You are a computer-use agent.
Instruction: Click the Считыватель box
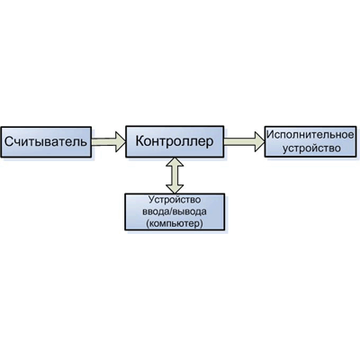[x=46, y=142]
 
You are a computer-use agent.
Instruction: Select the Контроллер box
[x=175, y=141]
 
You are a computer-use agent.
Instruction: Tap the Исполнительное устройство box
[x=310, y=141]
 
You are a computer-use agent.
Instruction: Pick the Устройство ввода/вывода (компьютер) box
[x=175, y=212]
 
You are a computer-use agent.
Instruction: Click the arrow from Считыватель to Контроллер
[x=108, y=141]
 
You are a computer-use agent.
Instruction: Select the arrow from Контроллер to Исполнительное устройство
[x=244, y=141]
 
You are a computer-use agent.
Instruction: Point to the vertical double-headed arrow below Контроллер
[x=175, y=175]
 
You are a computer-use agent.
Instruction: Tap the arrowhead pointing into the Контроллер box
[x=121, y=141]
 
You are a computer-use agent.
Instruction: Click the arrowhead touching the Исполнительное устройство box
[x=259, y=141]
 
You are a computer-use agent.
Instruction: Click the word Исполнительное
[x=310, y=135]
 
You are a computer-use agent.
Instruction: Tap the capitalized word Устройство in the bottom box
[x=175, y=200]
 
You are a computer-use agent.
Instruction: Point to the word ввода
[x=153, y=211]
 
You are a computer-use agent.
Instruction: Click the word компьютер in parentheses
[x=175, y=223]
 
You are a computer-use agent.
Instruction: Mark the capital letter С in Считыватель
[x=9, y=141]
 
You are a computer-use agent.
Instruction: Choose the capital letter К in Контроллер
[x=140, y=141]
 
